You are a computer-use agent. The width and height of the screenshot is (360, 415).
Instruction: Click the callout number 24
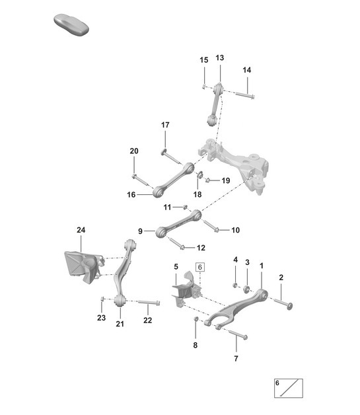81,230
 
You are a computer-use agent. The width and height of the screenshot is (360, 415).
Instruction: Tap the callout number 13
219,57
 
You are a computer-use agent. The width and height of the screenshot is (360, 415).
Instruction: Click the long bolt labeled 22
150,303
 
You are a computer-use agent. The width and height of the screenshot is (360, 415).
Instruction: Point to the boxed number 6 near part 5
201,267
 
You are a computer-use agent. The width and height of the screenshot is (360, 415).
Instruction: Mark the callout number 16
131,195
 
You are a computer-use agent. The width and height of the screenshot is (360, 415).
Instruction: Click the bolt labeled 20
136,178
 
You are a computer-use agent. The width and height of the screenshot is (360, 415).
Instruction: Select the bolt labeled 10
213,227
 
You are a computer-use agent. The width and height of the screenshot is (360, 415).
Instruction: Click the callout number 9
141,231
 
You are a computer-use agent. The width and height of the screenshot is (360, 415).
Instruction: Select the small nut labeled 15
205,86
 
